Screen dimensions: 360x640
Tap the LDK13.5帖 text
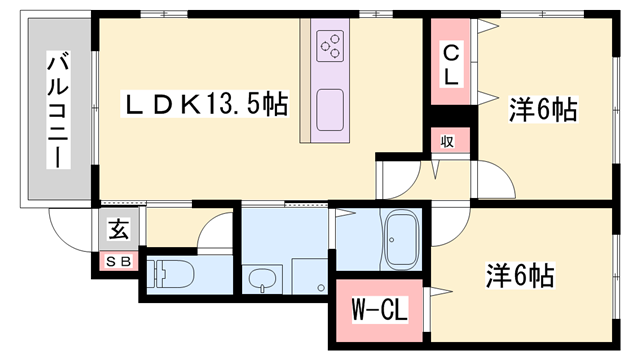(x=206, y=104)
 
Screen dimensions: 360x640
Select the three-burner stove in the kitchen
(x=330, y=44)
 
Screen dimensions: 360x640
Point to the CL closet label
(x=452, y=62)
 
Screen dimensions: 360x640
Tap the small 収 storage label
(x=448, y=141)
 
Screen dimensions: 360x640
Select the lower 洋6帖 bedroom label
(x=521, y=272)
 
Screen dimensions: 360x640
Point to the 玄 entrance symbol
(x=119, y=231)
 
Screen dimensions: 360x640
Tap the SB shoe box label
(x=118, y=261)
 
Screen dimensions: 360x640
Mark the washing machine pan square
(x=308, y=276)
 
